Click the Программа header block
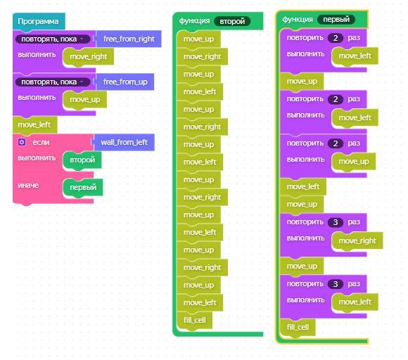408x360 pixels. [x=39, y=21]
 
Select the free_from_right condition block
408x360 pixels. [x=129, y=39]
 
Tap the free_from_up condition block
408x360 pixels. [x=125, y=82]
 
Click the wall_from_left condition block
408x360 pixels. [x=124, y=142]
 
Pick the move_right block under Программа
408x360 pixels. [x=89, y=56]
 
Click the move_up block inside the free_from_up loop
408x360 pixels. [x=85, y=99]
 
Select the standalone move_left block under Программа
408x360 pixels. [x=34, y=125]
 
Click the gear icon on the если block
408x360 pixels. [x=22, y=142]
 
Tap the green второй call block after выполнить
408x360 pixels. [x=82, y=160]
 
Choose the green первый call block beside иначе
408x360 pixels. [x=83, y=187]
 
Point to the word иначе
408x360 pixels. [x=28, y=185]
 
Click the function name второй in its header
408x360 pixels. [x=232, y=21]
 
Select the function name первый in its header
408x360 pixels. [x=336, y=20]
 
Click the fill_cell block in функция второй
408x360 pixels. [x=194, y=320]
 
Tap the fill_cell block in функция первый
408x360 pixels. [x=298, y=327]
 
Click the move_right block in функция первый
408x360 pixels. [x=357, y=241]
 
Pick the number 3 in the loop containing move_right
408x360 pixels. [x=336, y=222]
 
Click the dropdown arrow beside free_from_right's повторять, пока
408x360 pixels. [x=82, y=39]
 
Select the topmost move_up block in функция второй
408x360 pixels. [x=198, y=39]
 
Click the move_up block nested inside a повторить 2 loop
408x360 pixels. [x=354, y=162]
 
